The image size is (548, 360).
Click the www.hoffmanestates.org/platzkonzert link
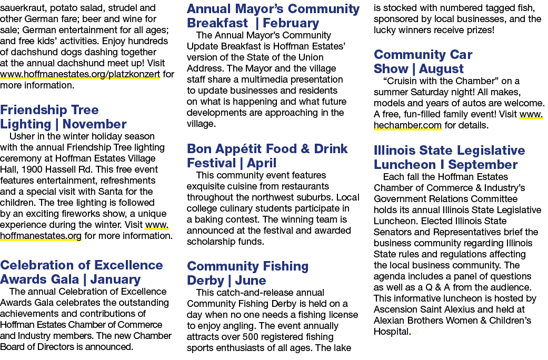click(80, 74)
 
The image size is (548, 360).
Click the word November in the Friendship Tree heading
click(94, 124)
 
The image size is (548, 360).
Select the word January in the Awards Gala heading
click(115, 279)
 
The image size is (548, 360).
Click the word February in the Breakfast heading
click(291, 23)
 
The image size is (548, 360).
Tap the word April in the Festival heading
click(262, 163)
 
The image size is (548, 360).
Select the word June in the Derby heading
click(250, 281)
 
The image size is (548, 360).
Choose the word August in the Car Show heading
click(442, 69)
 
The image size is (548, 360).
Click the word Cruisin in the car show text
click(398, 81)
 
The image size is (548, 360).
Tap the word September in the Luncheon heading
click(483, 165)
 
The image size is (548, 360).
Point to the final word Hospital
click(392, 332)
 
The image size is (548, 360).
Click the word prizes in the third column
click(481, 30)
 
